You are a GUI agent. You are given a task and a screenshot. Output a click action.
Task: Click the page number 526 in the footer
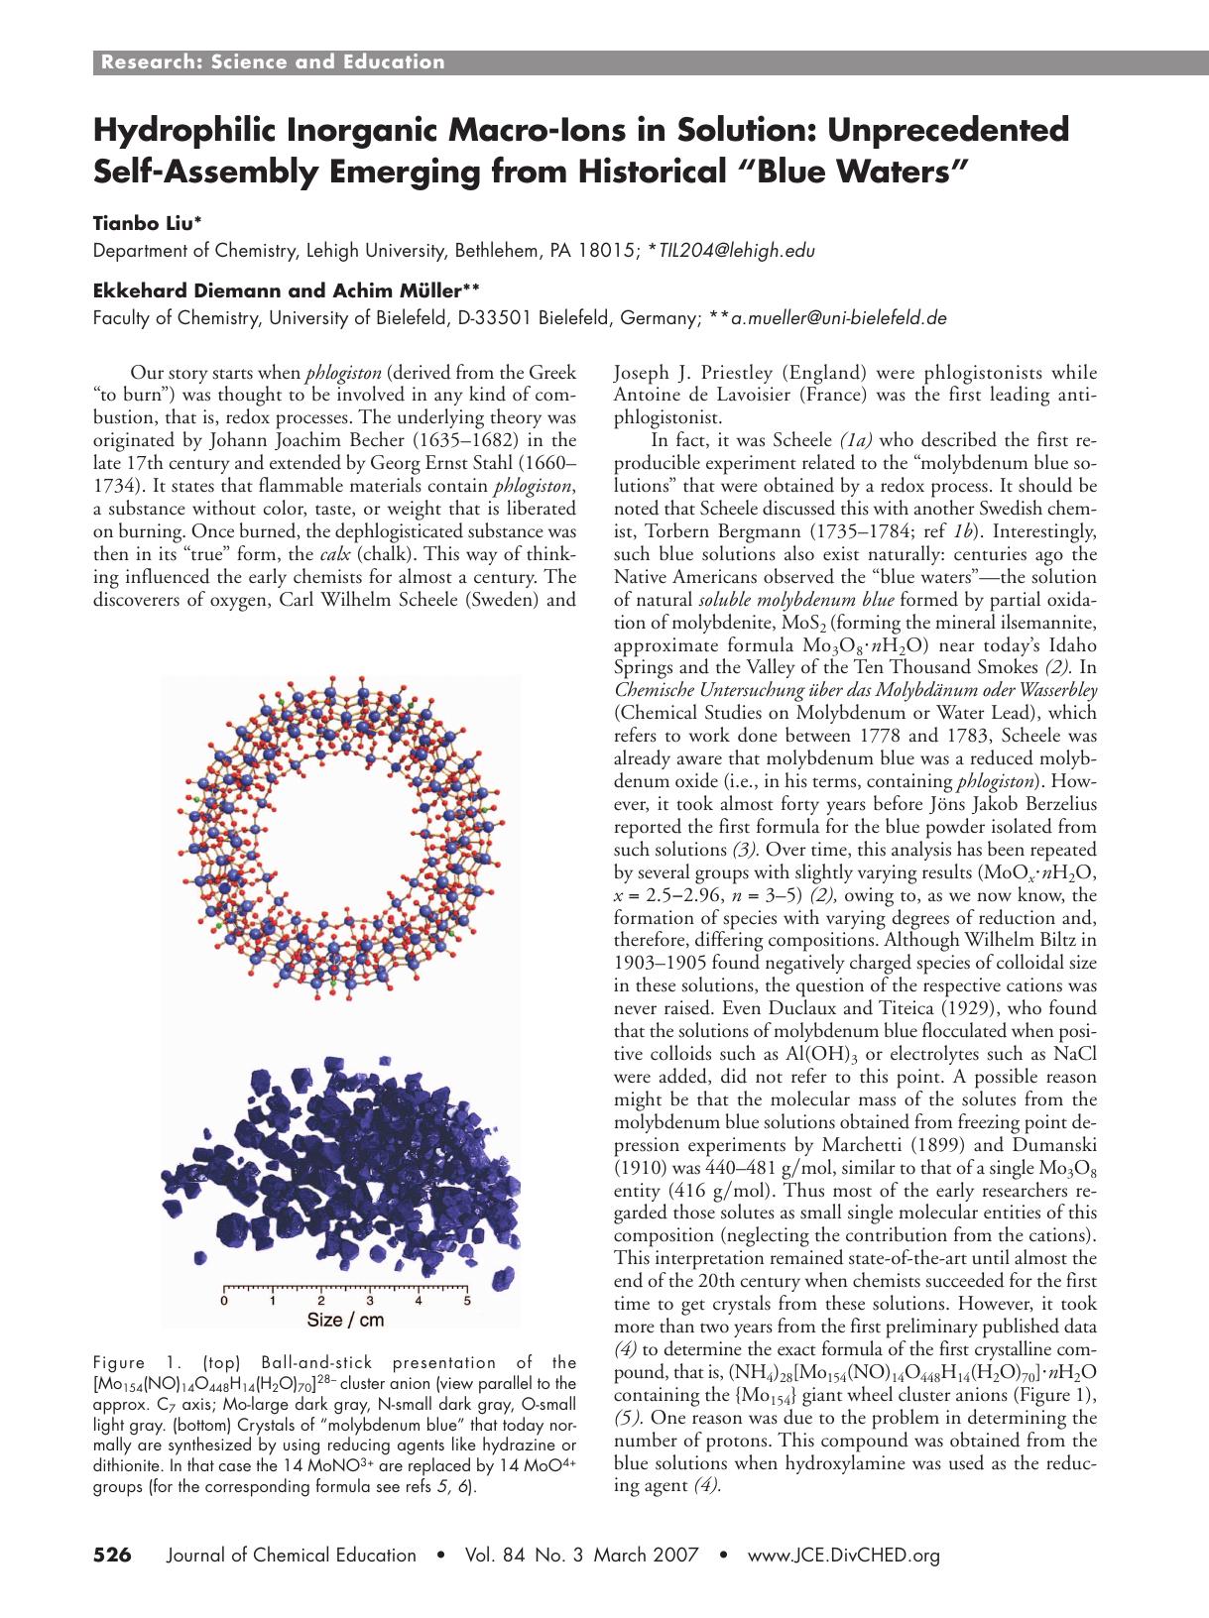coord(111,1556)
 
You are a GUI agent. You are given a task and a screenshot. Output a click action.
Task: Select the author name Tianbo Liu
coord(135,224)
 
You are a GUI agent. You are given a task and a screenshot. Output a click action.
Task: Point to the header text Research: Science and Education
coord(273,62)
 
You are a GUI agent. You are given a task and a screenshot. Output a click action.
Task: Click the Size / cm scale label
coord(345,1320)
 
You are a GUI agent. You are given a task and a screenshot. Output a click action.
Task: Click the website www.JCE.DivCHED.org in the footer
coord(843,1556)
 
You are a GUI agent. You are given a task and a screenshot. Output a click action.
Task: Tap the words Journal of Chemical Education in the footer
coord(293,1556)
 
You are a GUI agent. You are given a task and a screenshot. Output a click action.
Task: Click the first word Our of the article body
coord(146,373)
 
